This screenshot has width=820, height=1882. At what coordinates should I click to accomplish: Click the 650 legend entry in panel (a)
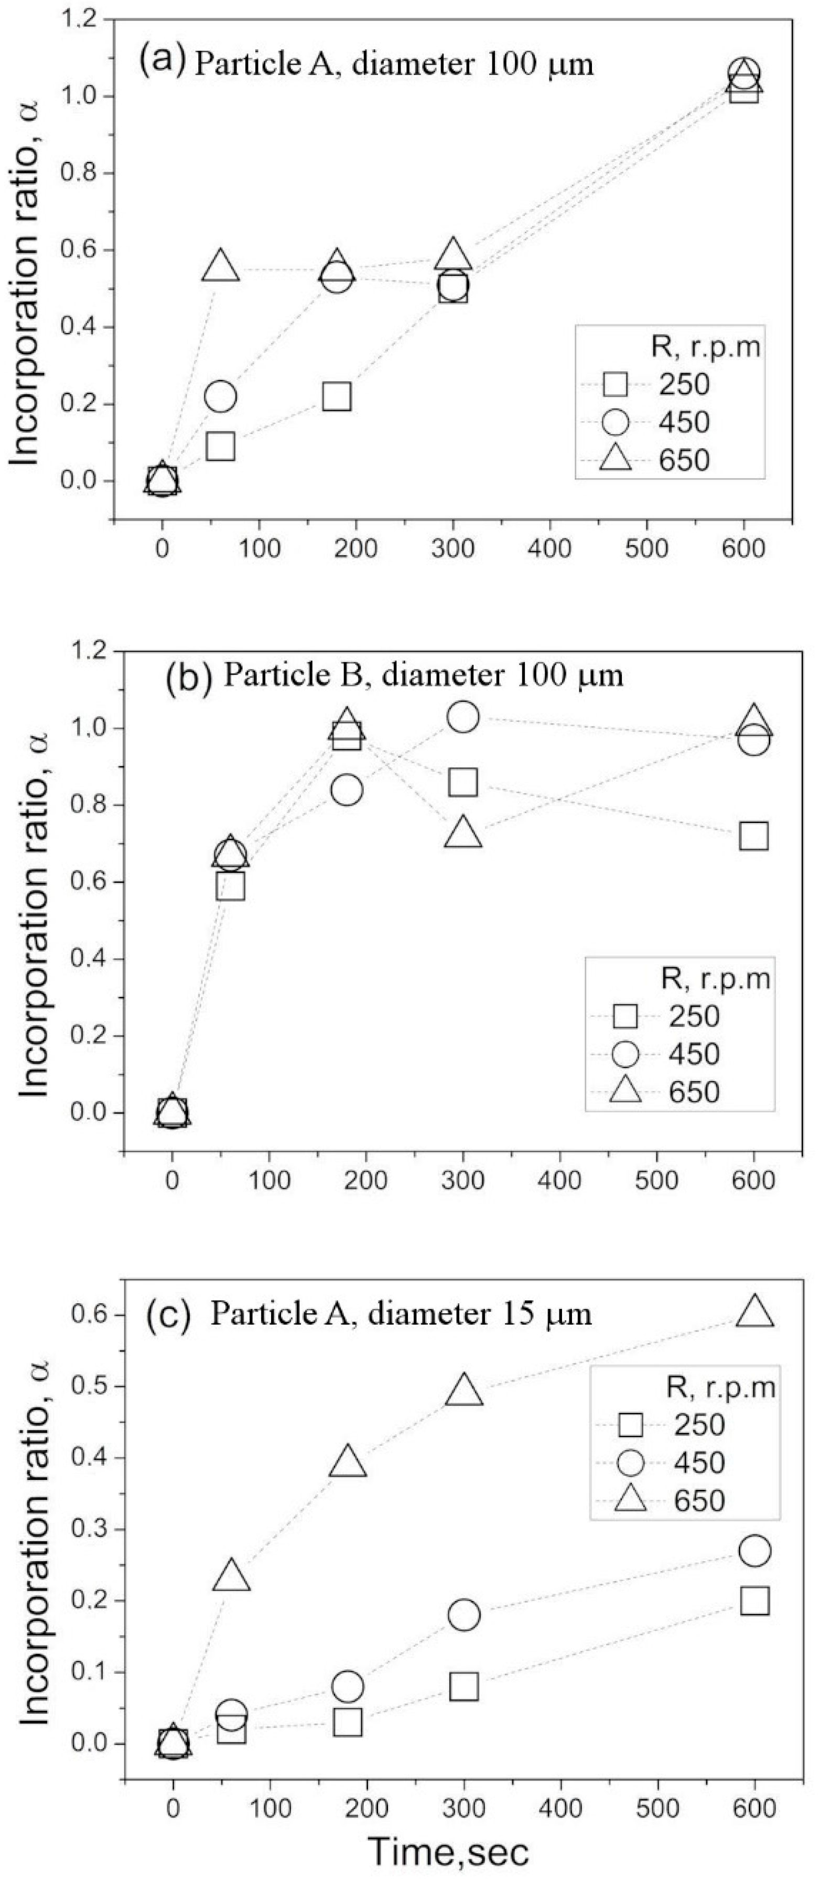(x=683, y=460)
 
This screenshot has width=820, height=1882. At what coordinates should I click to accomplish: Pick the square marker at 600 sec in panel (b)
(x=753, y=836)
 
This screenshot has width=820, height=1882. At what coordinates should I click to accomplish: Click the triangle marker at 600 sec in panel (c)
(x=754, y=1313)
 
